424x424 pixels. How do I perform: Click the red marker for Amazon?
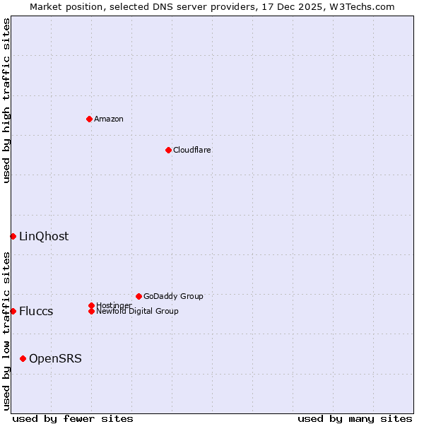click(89, 119)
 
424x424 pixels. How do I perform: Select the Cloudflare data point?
click(168, 150)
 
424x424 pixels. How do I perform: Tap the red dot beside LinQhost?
click(13, 236)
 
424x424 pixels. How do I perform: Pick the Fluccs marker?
click(13, 311)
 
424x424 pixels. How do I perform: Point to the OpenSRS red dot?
click(23, 358)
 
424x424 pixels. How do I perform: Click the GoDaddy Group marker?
click(139, 296)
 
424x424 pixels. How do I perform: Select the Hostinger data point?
click(91, 305)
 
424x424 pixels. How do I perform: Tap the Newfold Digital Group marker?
click(91, 311)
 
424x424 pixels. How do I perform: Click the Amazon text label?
click(109, 119)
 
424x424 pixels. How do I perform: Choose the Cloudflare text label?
click(192, 150)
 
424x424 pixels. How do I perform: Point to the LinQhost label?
click(44, 236)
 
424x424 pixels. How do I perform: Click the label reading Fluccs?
click(36, 311)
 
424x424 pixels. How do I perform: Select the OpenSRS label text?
click(55, 358)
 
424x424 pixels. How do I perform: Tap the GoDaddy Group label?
click(173, 296)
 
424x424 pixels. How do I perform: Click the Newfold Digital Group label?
click(138, 312)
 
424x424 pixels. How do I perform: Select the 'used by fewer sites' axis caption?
click(73, 418)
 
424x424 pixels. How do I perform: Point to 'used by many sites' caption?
click(355, 418)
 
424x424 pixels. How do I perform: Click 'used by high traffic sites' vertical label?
click(6, 100)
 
